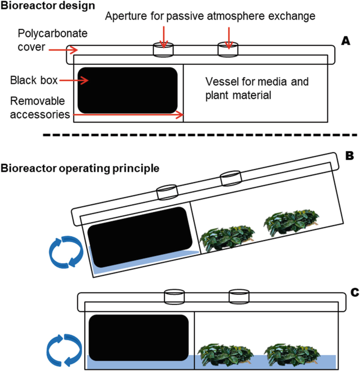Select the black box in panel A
127,90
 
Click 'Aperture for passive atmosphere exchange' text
210,16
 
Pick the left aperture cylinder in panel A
163,50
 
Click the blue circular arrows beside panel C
63,349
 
